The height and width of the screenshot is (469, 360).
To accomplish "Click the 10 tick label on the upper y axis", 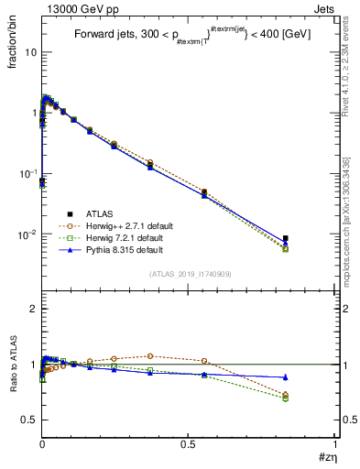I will pos(30,52).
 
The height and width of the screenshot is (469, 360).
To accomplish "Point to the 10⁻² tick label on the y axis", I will pos(27,234).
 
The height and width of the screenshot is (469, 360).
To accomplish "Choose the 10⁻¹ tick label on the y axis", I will pos(27,174).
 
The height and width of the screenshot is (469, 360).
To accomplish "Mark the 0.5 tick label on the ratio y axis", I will pos(28,420).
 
